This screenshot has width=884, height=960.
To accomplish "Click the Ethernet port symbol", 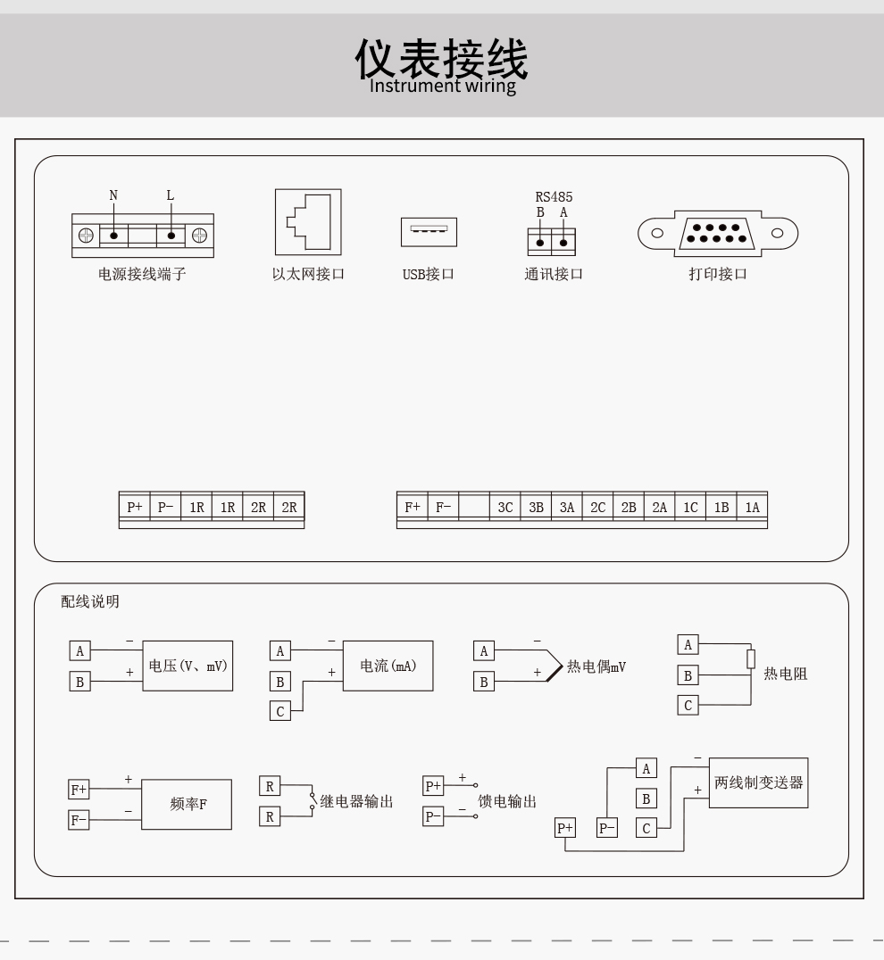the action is click(x=308, y=221).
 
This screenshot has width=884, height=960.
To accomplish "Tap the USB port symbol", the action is click(x=429, y=232).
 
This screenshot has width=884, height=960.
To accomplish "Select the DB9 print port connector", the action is click(x=718, y=233).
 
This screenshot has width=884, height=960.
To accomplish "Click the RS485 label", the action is click(x=554, y=197).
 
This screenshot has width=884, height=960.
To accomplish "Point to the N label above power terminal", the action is click(x=113, y=195).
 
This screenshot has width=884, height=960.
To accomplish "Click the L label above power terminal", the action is click(x=171, y=195).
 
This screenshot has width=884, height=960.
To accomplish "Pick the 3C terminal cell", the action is click(x=505, y=507).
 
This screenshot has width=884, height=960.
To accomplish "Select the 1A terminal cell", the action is click(x=752, y=507).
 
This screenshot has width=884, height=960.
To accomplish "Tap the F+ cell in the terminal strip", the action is click(x=413, y=507).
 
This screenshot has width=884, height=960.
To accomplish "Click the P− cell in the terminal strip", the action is click(x=165, y=507).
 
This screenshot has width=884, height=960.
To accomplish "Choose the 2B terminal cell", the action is click(x=629, y=507).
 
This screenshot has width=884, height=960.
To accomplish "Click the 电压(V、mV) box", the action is click(x=188, y=666).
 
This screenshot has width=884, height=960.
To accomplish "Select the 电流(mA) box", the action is click(x=388, y=666).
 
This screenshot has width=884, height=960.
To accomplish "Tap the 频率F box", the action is click(x=187, y=805).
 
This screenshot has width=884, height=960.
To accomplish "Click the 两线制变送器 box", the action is click(x=758, y=783).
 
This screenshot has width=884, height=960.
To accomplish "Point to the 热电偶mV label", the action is click(x=596, y=666).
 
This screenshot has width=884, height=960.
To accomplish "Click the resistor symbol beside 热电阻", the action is click(x=751, y=658).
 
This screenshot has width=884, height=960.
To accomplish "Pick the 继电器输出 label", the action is click(x=356, y=801).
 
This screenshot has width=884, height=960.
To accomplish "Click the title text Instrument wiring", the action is click(x=443, y=86).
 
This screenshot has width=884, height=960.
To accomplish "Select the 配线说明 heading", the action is click(x=90, y=601).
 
